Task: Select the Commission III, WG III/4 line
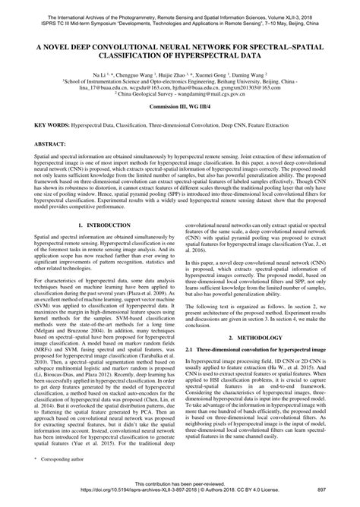[179, 112]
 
